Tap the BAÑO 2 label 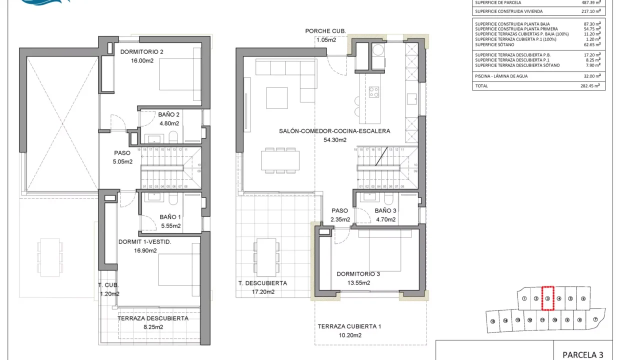pyautogui.click(x=169, y=114)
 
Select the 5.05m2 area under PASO pyautogui.click(x=122, y=161)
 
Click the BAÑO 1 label pyautogui.click(x=170, y=217)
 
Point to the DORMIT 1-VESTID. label pyautogui.click(x=144, y=242)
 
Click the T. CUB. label pyautogui.click(x=108, y=285)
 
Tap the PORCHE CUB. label pyautogui.click(x=325, y=31)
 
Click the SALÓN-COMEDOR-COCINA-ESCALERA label pyautogui.click(x=334, y=131)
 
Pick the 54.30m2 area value pyautogui.click(x=335, y=140)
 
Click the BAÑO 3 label pyautogui.click(x=385, y=210)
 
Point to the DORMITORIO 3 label pyautogui.click(x=358, y=274)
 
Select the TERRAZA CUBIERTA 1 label pyautogui.click(x=349, y=326)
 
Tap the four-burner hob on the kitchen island pyautogui.click(x=374, y=92)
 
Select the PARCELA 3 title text pyautogui.click(x=582, y=354)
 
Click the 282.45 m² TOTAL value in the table pyautogui.click(x=591, y=86)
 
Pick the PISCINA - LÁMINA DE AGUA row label pyautogui.click(x=501, y=76)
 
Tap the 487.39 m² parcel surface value pyautogui.click(x=591, y=2)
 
